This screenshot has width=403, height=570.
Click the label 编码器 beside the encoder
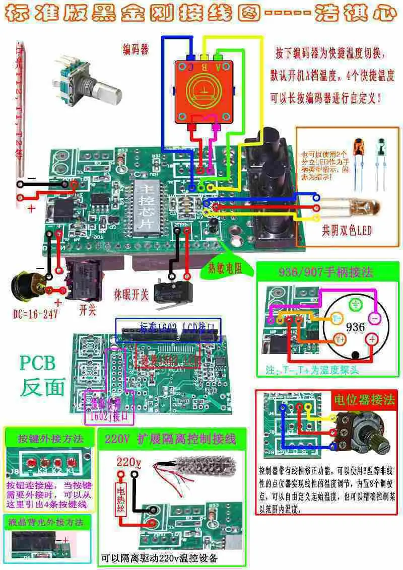click(x=136, y=49)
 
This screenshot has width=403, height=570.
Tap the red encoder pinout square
click(x=205, y=91)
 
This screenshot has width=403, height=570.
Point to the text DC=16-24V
click(x=36, y=315)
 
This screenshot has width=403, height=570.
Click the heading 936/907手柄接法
click(x=326, y=272)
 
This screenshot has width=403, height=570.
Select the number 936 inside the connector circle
click(x=355, y=327)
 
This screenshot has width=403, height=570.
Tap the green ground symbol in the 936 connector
click(x=355, y=305)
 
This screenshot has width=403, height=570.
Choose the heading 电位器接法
click(x=364, y=400)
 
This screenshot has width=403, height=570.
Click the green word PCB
click(x=38, y=363)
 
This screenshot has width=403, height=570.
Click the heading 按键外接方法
click(x=50, y=438)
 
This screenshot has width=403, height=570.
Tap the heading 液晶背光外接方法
click(x=42, y=522)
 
